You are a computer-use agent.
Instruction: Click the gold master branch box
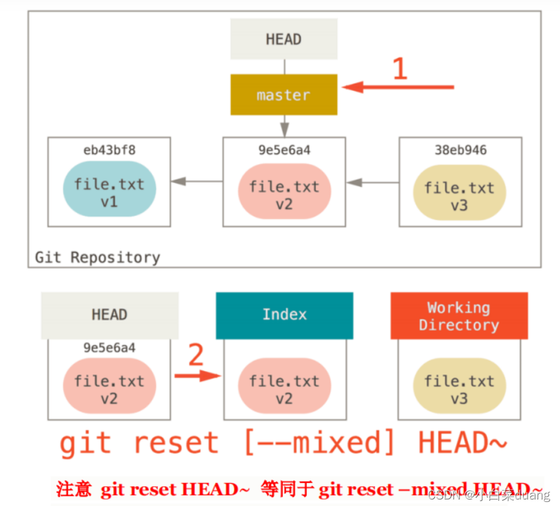click(x=284, y=95)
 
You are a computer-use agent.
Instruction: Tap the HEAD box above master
click(x=284, y=39)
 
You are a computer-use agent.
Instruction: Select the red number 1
click(x=399, y=69)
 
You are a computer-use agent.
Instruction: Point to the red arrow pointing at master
click(x=398, y=87)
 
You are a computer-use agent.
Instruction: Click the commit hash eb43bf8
click(x=109, y=150)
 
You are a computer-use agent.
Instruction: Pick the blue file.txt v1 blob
click(x=109, y=192)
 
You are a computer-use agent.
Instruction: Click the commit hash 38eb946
click(x=460, y=150)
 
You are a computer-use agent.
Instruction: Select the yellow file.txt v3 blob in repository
click(x=459, y=195)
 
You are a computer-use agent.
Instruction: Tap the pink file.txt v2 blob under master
click(x=284, y=195)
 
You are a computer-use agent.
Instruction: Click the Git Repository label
click(x=97, y=257)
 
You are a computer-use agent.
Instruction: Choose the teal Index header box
click(x=284, y=315)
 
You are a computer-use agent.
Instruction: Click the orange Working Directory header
click(x=459, y=316)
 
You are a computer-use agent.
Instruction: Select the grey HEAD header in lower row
click(x=109, y=315)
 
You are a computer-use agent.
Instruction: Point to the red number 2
click(x=196, y=355)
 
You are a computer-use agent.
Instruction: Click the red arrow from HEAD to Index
click(x=197, y=376)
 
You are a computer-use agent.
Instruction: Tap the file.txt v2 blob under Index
click(x=284, y=389)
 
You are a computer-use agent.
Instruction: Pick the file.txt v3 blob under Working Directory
click(x=459, y=389)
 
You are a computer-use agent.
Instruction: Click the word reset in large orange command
click(x=176, y=443)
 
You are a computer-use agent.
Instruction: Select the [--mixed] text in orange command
click(x=319, y=443)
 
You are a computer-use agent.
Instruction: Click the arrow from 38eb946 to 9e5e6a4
click(x=373, y=182)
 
